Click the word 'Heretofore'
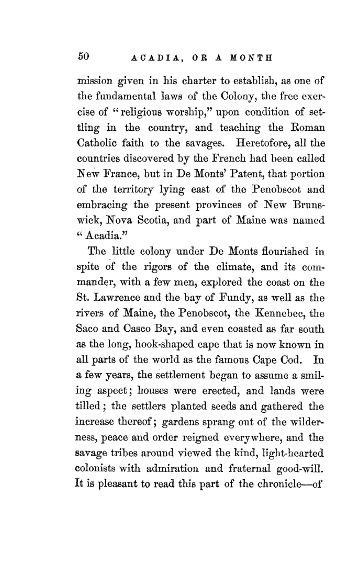262,143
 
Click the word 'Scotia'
153,220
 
